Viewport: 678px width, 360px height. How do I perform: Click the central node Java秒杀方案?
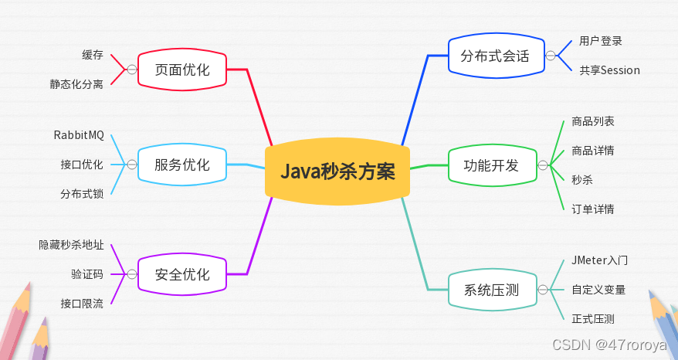click(337, 171)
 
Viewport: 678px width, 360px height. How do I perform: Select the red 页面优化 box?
click(182, 70)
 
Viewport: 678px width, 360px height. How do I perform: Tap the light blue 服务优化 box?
click(182, 165)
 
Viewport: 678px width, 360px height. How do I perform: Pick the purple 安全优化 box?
click(182, 274)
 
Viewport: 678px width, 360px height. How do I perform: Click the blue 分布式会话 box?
click(495, 56)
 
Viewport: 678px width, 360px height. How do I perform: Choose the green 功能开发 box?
click(491, 165)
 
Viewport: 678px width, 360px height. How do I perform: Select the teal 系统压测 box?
click(491, 290)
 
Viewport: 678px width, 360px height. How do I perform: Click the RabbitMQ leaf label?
click(79, 135)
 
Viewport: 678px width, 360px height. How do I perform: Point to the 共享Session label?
click(609, 70)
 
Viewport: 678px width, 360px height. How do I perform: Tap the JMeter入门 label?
click(599, 261)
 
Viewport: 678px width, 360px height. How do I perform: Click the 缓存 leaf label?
click(93, 55)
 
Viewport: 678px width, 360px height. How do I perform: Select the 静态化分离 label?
click(76, 84)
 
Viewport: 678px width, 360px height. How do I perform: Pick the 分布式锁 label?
click(82, 193)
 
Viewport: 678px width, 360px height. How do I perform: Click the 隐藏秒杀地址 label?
click(71, 245)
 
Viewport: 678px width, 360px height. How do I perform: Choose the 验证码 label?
click(87, 274)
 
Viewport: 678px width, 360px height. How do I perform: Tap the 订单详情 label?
click(593, 209)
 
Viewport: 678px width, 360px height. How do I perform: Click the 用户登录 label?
click(600, 41)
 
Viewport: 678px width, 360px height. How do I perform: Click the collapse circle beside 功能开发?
click(543, 165)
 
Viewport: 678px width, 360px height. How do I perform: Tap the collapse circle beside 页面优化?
click(131, 70)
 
